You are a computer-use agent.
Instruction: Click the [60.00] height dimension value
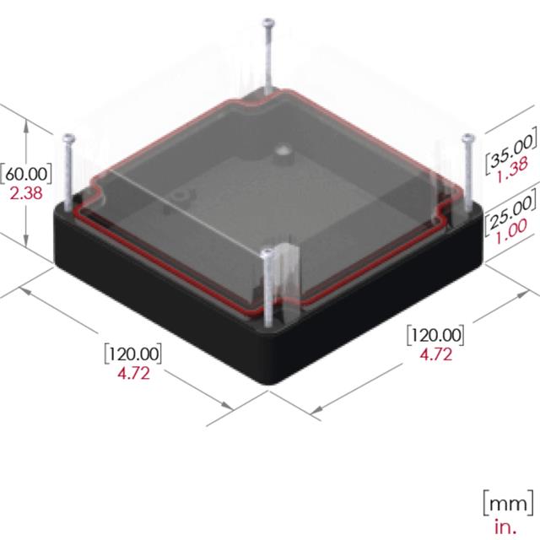tap(26, 174)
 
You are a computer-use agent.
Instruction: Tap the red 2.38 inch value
tap(26, 193)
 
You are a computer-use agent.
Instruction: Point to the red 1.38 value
tap(512, 170)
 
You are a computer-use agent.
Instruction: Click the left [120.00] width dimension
tap(133, 354)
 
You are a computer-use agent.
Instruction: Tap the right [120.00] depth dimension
tap(435, 335)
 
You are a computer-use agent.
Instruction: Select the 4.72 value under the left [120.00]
tap(133, 373)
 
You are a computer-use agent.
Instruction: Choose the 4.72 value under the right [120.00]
tap(435, 354)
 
